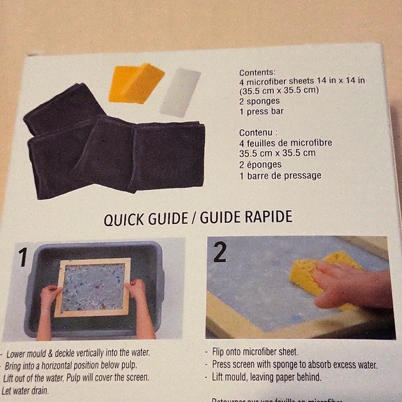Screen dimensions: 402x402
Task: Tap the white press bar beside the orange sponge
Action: coord(180,91)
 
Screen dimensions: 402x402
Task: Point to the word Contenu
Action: coord(259,132)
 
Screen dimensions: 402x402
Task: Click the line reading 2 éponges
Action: coord(261,165)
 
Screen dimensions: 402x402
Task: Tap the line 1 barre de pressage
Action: coord(280,176)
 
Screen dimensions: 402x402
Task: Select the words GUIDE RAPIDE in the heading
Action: coord(246,218)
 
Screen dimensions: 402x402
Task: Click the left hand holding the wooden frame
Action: coord(50,296)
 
